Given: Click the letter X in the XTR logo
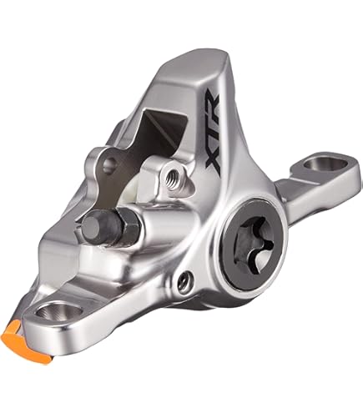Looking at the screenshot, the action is (x=214, y=164).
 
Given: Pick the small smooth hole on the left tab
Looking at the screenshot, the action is (x=108, y=164).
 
